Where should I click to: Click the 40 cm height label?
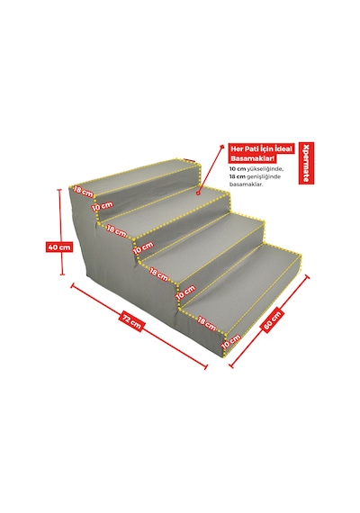click(59, 247)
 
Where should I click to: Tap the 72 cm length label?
click(132, 321)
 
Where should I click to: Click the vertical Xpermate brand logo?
click(306, 163)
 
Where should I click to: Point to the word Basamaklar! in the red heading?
click(251, 158)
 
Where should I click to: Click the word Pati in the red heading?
click(251, 148)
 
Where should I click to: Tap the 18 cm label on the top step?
click(83, 191)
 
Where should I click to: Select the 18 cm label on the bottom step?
click(207, 323)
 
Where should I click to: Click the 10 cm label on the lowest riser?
click(230, 341)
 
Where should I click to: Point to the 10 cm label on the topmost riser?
click(102, 206)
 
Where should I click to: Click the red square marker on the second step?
click(198, 193)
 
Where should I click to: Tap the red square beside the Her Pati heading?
click(222, 147)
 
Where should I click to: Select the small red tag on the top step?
click(189, 160)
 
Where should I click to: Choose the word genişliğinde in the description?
click(264, 176)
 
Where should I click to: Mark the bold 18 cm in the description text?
click(238, 176)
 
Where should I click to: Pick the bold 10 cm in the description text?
click(238, 169)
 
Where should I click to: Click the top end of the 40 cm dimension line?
click(60, 189)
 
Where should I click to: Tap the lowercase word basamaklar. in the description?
click(247, 184)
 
